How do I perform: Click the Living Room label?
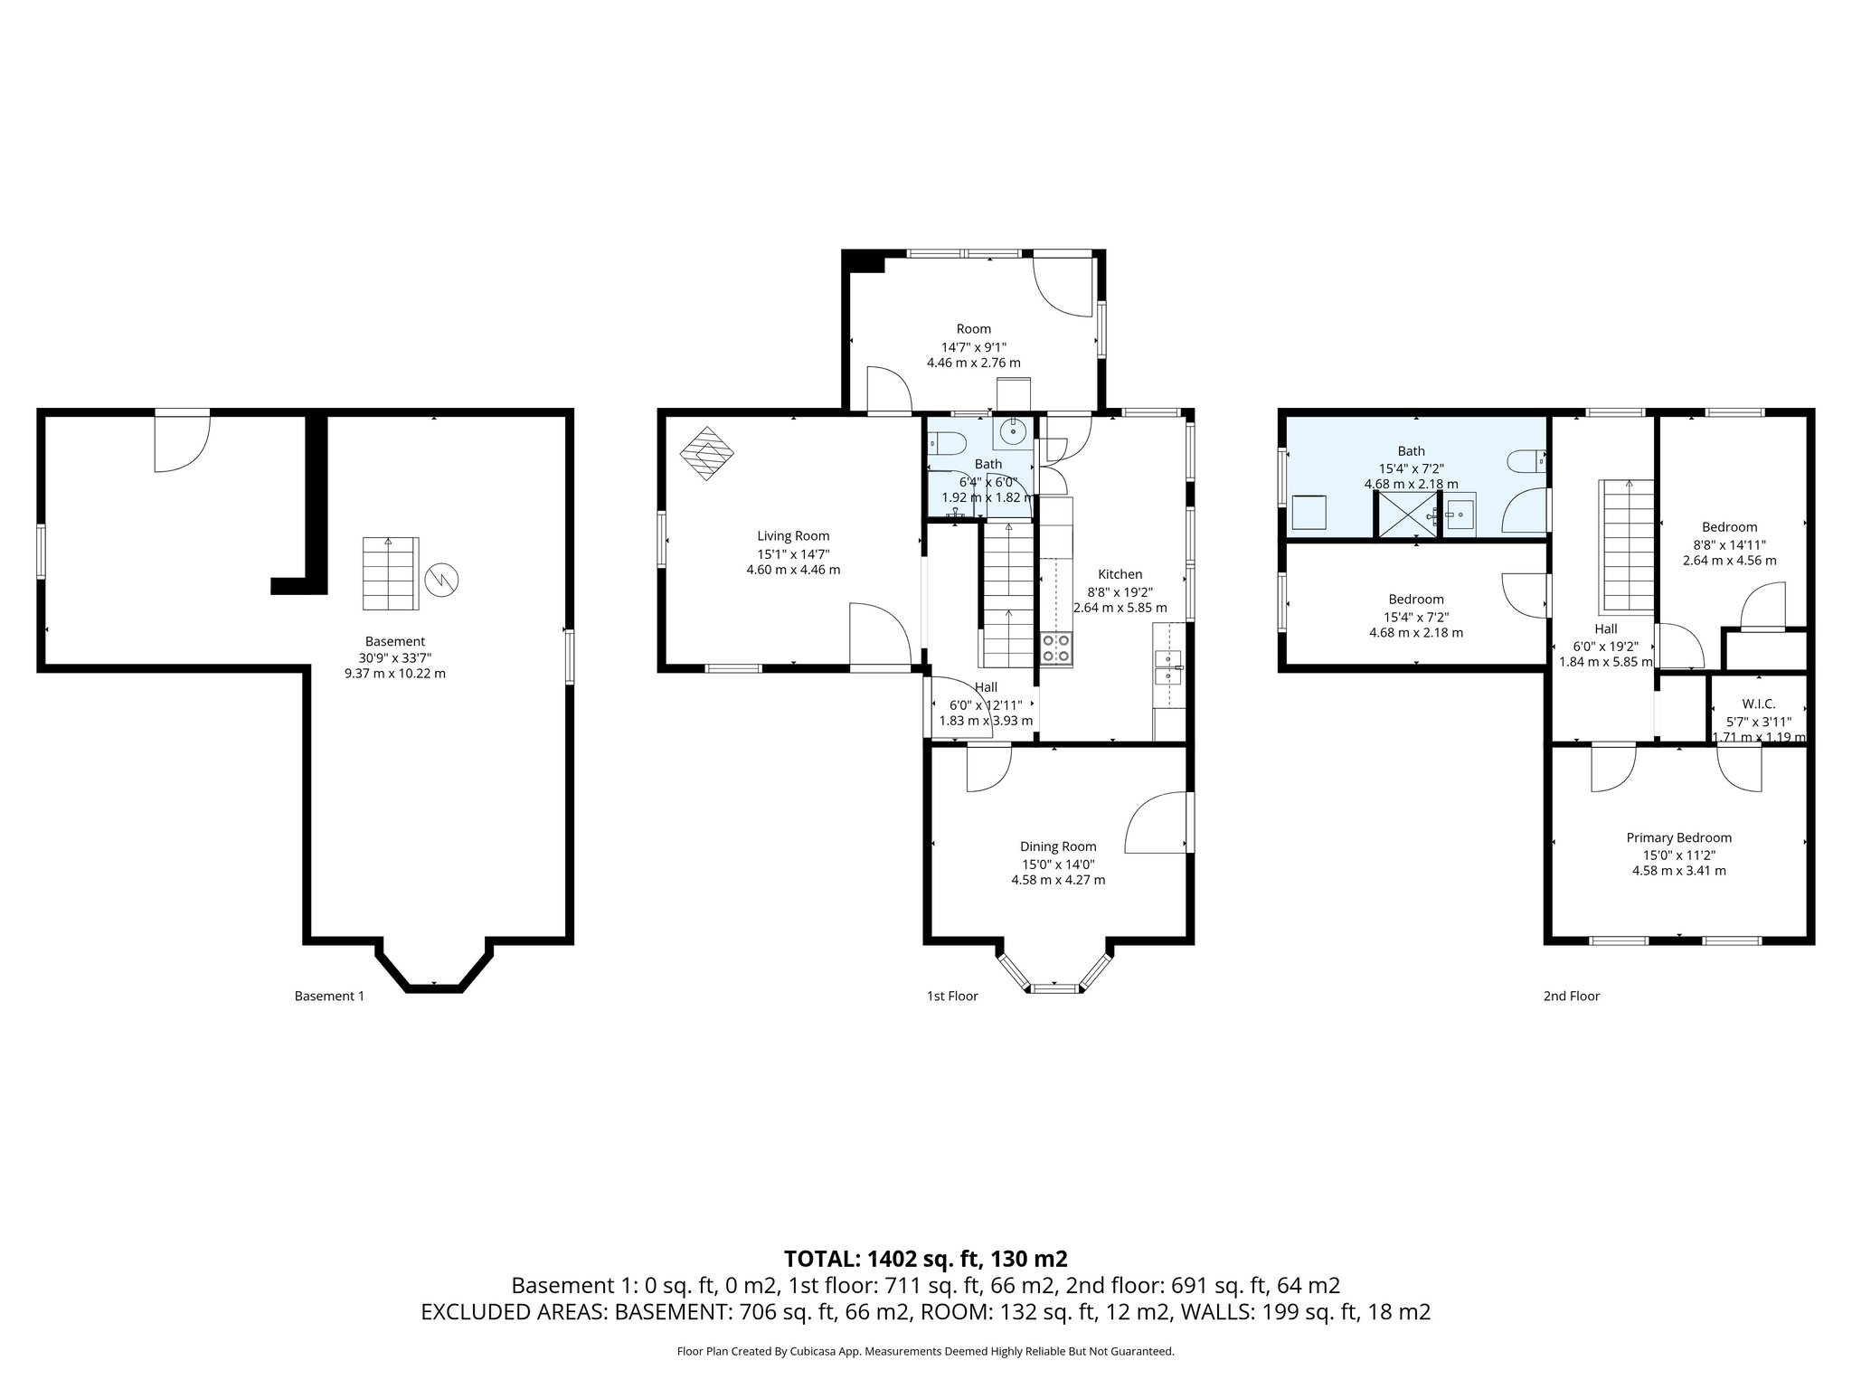pyautogui.click(x=793, y=536)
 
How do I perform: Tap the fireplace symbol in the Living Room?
pyautogui.click(x=707, y=453)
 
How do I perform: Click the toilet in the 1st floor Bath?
pyautogui.click(x=946, y=444)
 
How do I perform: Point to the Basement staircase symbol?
pyautogui.click(x=391, y=573)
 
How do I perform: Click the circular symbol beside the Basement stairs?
pyautogui.click(x=443, y=579)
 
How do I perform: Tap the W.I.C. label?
pyautogui.click(x=1758, y=704)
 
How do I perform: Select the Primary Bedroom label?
pyautogui.click(x=1678, y=837)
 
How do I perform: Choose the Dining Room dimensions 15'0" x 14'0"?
pyautogui.click(x=1057, y=864)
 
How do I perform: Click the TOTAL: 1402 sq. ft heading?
pyautogui.click(x=925, y=1258)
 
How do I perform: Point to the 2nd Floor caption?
pyautogui.click(x=1571, y=996)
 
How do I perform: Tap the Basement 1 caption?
pyautogui.click(x=329, y=996)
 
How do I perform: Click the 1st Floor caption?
pyautogui.click(x=951, y=996)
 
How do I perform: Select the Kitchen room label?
pyautogui.click(x=1120, y=574)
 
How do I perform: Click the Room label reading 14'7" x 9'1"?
pyautogui.click(x=973, y=345)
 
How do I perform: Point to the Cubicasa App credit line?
pyautogui.click(x=925, y=1351)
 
